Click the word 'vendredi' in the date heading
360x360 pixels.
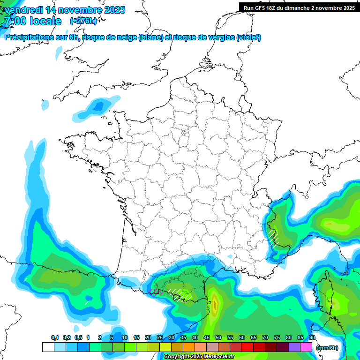coord(23,10)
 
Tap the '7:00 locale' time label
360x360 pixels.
coord(32,21)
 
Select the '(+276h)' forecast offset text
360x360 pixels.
coord(83,21)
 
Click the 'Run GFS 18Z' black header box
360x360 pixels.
coord(299,7)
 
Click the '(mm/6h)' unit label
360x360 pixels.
coord(327,348)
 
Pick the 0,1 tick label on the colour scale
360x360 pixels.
coord(54,337)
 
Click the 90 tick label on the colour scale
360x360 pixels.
coord(312,337)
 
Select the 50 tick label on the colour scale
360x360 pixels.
coord(218,337)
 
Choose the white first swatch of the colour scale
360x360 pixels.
coord(48,347)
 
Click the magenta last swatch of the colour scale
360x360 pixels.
coord(306,347)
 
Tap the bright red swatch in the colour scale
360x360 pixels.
coord(247,347)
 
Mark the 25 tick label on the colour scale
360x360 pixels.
coord(160,337)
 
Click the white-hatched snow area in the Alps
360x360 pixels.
coord(274,236)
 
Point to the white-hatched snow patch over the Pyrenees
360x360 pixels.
coord(180,294)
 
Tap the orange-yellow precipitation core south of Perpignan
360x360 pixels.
coord(215,304)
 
